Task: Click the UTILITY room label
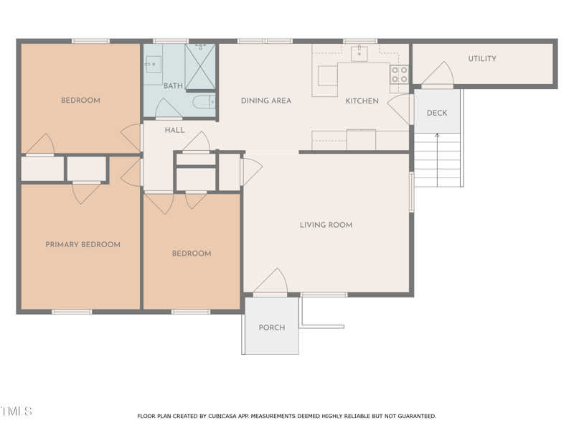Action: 482,59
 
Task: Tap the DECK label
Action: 437,113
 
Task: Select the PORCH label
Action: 272,328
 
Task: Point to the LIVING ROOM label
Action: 326,225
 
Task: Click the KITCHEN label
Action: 362,101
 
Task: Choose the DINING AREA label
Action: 266,101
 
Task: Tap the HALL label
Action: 174,130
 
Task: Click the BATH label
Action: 173,85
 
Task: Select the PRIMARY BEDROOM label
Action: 83,244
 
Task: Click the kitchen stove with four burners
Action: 400,75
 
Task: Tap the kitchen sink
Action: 359,53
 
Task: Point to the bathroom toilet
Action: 204,102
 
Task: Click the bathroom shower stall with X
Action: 200,67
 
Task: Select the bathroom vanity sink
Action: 154,64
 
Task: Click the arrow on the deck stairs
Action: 437,160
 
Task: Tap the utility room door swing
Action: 438,75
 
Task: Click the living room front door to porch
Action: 271,282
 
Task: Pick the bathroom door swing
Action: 169,108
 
